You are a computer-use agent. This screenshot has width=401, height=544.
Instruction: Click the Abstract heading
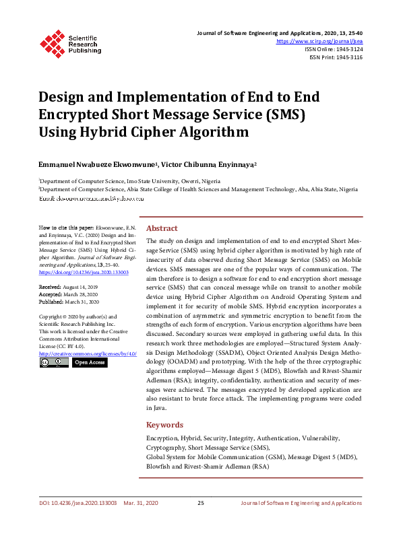162,228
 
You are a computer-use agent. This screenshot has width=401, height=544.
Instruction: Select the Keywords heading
164,425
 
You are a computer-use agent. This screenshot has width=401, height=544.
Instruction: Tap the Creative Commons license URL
88,353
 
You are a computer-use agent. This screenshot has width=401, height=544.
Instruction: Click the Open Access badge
89,362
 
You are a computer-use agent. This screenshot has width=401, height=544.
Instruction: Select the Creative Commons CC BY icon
53,362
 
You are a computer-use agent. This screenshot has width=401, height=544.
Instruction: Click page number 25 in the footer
200,503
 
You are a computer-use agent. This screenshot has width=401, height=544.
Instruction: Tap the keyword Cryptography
166,448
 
